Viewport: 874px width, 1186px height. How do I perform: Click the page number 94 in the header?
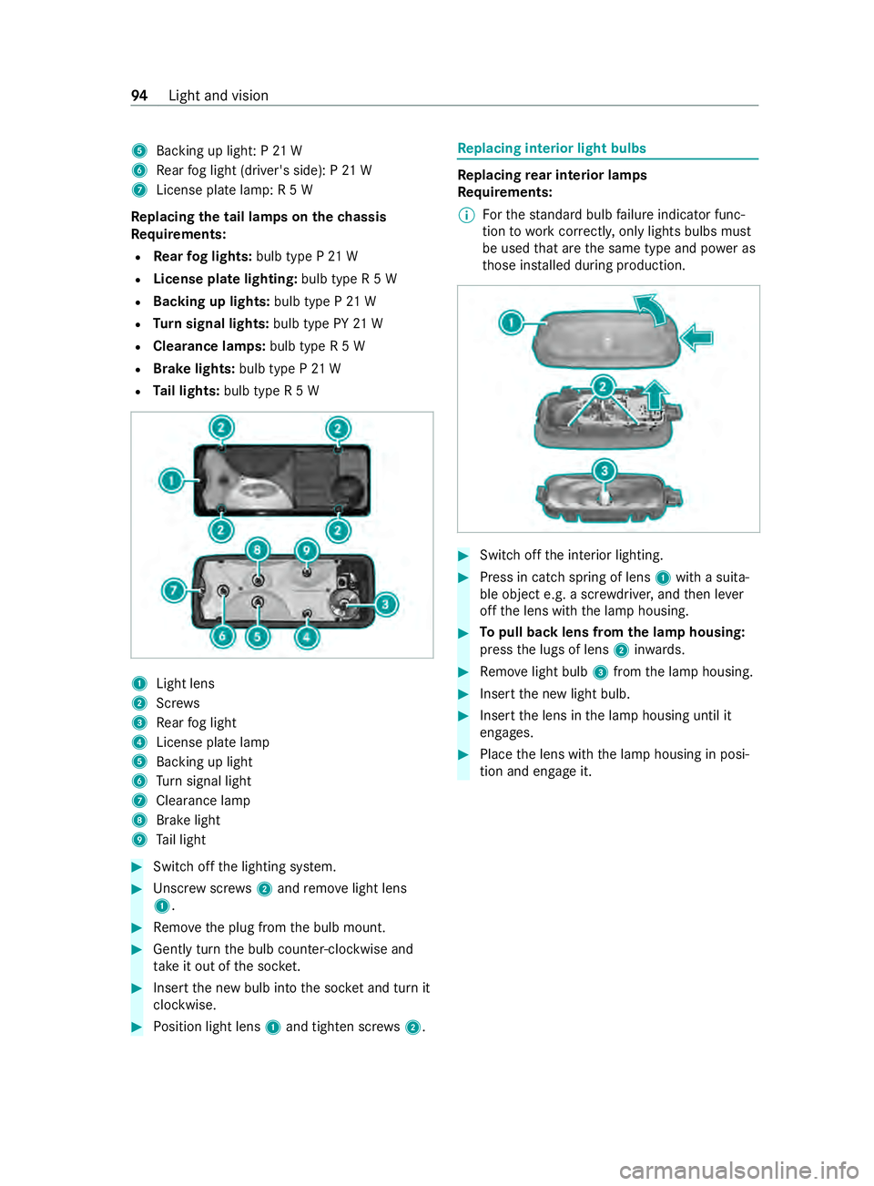click(139, 96)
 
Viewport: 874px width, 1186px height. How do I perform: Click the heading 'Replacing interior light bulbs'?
click(552, 148)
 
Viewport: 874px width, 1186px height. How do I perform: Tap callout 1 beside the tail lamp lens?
click(171, 481)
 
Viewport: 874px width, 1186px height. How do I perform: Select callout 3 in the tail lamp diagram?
click(386, 604)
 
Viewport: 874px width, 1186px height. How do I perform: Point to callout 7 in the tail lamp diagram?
click(174, 590)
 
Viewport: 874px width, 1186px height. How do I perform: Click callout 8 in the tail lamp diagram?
click(257, 550)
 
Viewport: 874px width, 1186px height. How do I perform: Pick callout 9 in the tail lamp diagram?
click(306, 550)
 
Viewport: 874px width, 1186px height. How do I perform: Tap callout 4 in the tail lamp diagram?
click(307, 637)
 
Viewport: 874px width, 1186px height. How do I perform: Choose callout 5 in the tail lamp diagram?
click(258, 637)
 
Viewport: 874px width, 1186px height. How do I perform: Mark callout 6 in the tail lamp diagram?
click(223, 636)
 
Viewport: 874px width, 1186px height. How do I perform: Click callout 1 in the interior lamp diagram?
click(511, 323)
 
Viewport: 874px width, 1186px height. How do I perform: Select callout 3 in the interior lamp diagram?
click(605, 471)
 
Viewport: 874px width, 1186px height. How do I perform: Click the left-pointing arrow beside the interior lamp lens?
click(696, 338)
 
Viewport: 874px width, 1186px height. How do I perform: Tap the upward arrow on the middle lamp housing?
click(656, 395)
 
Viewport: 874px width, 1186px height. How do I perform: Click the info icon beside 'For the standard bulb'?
click(465, 215)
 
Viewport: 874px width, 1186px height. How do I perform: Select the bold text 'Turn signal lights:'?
click(211, 323)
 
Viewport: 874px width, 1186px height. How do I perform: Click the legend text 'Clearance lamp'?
click(203, 800)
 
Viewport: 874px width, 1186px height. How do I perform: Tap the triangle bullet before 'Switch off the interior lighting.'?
click(463, 556)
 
